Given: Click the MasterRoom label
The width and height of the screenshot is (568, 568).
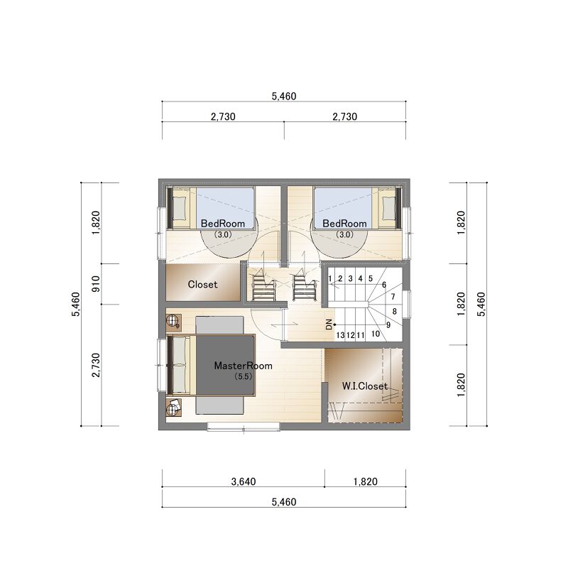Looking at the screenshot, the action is pyautogui.click(x=243, y=366).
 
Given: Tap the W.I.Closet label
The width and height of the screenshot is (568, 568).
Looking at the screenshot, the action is pyautogui.click(x=364, y=386).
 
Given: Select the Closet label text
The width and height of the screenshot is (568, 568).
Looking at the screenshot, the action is pyautogui.click(x=202, y=285).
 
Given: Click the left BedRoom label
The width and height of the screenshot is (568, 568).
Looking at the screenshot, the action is pyautogui.click(x=223, y=224).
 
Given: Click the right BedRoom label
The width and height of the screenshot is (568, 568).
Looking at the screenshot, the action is pyautogui.click(x=344, y=224).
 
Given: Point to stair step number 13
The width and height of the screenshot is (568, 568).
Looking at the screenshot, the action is pyautogui.click(x=340, y=335).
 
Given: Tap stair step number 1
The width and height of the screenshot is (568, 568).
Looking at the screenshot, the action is pyautogui.click(x=330, y=278).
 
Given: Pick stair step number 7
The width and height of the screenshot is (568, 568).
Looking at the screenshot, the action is pyautogui.click(x=393, y=297).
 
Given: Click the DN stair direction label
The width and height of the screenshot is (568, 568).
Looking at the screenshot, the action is pyautogui.click(x=329, y=324).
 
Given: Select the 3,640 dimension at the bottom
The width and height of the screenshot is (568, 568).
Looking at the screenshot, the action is pyautogui.click(x=244, y=481).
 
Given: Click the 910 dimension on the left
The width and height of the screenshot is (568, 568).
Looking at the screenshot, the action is pyautogui.click(x=96, y=284).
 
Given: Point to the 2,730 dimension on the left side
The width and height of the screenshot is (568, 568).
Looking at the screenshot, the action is pyautogui.click(x=96, y=365).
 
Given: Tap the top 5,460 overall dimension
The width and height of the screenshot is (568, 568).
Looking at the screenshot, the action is pyautogui.click(x=284, y=96).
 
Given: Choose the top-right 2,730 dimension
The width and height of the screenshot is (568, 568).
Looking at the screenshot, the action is pyautogui.click(x=345, y=116).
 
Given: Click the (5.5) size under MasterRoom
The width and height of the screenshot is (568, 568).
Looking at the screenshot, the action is pyautogui.click(x=243, y=376).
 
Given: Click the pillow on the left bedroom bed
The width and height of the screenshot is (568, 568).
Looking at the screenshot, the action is pyautogui.click(x=180, y=208).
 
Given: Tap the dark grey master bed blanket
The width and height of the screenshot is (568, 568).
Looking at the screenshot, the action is pyautogui.click(x=225, y=365).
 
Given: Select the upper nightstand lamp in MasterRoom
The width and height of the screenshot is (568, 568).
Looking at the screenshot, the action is pyautogui.click(x=173, y=321).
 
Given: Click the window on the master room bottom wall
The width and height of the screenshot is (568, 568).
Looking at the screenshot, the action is pyautogui.click(x=244, y=428).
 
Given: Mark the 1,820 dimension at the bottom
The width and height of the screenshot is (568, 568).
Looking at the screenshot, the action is pyautogui.click(x=365, y=481).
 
